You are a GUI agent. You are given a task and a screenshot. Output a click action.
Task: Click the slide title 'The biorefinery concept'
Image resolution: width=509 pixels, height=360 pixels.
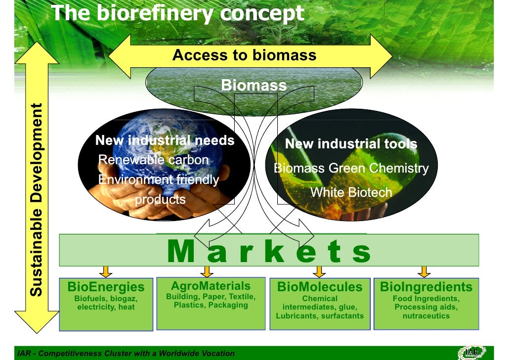pyautogui.click(x=177, y=13)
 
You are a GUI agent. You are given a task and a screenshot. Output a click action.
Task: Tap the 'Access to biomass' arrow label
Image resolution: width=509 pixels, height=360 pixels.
pyautogui.click(x=244, y=55)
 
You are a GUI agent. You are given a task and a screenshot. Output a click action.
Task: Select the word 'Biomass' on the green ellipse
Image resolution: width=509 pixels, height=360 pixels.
pyautogui.click(x=254, y=85)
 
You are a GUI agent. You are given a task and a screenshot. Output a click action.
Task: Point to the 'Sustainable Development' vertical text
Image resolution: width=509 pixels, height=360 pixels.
pyautogui.click(x=37, y=200)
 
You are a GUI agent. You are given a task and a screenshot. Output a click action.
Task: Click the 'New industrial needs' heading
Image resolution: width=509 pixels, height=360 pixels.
pyautogui.click(x=165, y=140)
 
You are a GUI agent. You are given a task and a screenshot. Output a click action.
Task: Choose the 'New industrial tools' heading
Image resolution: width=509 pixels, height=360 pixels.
pyautogui.click(x=351, y=144)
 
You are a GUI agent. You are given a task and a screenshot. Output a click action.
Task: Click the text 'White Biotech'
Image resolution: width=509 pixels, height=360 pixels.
pyautogui.click(x=351, y=192)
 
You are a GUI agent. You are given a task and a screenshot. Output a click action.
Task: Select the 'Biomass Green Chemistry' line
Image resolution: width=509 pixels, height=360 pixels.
pyautogui.click(x=351, y=168)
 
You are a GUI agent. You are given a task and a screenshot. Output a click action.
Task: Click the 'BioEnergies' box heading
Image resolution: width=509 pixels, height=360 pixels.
pyautogui.click(x=106, y=287)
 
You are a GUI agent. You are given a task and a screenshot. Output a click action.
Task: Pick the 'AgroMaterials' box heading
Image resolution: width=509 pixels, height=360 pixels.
pyautogui.click(x=211, y=286)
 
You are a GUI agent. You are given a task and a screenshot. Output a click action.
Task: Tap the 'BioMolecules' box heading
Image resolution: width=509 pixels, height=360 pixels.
pyautogui.click(x=320, y=287)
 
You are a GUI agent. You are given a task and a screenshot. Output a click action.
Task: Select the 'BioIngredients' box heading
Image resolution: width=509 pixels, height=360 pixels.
pyautogui.click(x=426, y=287)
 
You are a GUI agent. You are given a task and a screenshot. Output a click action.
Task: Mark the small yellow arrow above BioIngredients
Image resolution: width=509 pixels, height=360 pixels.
pyautogui.click(x=424, y=271)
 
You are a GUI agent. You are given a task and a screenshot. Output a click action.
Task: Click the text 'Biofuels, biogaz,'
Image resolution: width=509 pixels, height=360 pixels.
pyautogui.click(x=106, y=298)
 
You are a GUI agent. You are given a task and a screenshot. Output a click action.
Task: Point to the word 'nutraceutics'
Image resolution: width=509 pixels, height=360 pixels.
pyautogui.click(x=426, y=315)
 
